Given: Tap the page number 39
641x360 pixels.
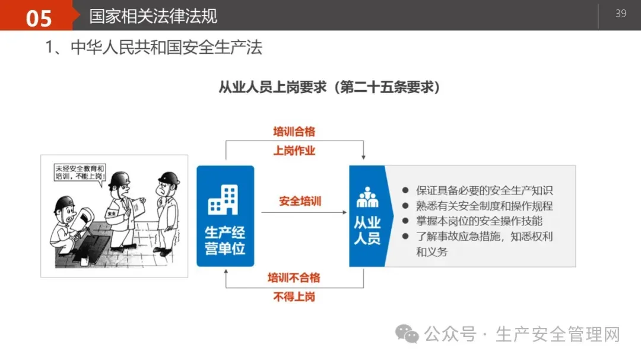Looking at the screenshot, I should pos(621,14).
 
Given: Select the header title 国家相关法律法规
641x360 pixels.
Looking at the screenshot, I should pos(153,16).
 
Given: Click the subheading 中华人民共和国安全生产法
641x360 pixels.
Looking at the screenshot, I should pos(166,47).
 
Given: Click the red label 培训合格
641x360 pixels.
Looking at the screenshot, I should pos(294,132).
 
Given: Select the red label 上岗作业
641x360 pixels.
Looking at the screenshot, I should pos(294,151).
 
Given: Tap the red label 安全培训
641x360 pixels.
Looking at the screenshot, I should pos(300,201).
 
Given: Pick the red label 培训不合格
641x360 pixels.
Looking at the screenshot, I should pos(294,278).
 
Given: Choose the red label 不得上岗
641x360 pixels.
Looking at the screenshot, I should pos(294,297).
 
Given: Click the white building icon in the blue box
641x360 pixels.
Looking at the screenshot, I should pos(224,199).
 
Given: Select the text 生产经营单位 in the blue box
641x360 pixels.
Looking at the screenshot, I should pos(225,240).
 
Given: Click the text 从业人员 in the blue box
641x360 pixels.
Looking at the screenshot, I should pos(367,231).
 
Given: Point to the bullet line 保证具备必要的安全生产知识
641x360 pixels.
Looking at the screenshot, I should pos(484,190).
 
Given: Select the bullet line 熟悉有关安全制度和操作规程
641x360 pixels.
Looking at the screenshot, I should pos(484,206).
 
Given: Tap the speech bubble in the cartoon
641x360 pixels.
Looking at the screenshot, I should pos(80,173).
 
